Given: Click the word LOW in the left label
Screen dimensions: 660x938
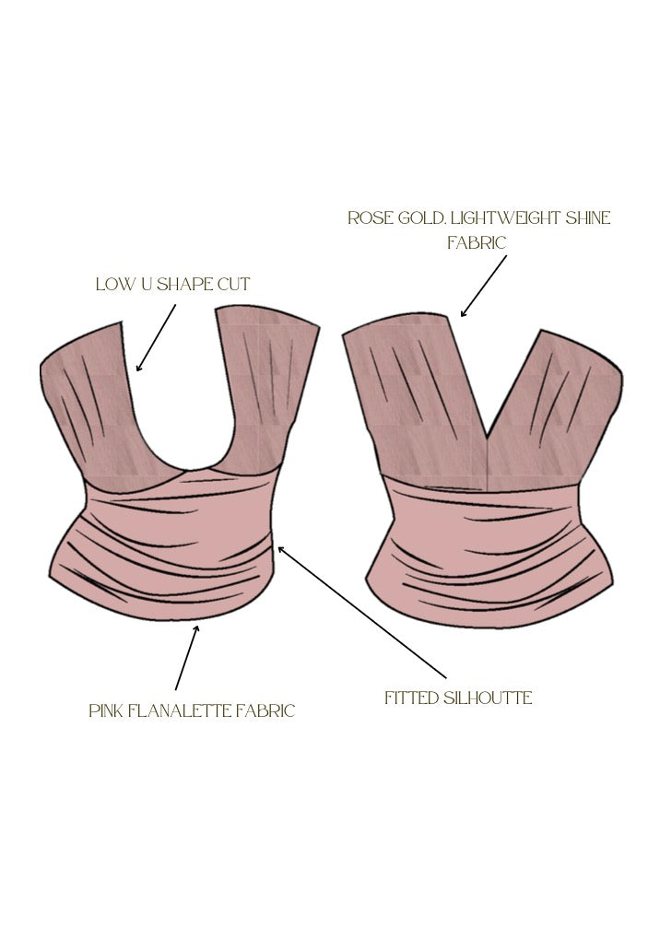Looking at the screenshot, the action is pyautogui.click(x=113, y=284).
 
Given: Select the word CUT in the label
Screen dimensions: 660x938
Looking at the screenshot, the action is pyautogui.click(x=233, y=284).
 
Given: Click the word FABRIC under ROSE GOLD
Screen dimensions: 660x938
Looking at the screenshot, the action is pyautogui.click(x=477, y=242).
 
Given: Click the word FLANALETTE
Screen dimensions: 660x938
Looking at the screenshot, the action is pyautogui.click(x=181, y=710).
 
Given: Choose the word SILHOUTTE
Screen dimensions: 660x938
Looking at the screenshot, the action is pyautogui.click(x=489, y=698).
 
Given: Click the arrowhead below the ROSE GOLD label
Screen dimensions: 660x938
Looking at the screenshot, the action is pyautogui.click(x=464, y=313).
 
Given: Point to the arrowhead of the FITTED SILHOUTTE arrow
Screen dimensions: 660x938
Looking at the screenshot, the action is pyautogui.click(x=280, y=549).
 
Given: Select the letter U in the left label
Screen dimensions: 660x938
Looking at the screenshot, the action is pyautogui.click(x=144, y=284).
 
